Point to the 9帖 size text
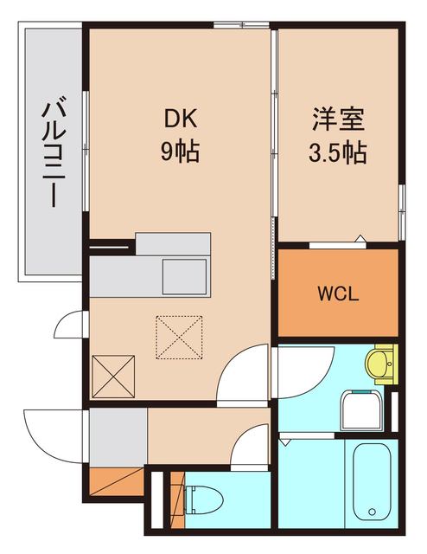click(180, 153)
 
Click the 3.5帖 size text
click(336, 153)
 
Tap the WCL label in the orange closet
click(336, 292)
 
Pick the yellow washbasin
click(380, 363)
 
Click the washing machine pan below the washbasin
click(361, 409)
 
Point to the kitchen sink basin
click(186, 276)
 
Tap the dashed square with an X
click(180, 336)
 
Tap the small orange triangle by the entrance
click(116, 479)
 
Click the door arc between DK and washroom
click(244, 374)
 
